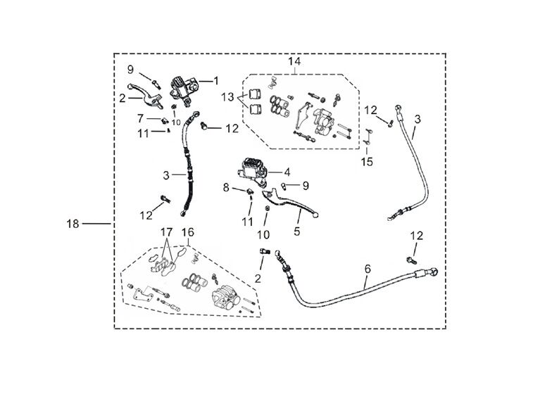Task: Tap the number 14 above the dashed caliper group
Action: click(x=294, y=62)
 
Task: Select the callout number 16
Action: click(x=188, y=231)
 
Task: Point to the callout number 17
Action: click(x=166, y=231)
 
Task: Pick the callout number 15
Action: click(x=367, y=163)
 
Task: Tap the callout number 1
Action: click(x=217, y=81)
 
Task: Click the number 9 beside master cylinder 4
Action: click(x=306, y=185)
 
